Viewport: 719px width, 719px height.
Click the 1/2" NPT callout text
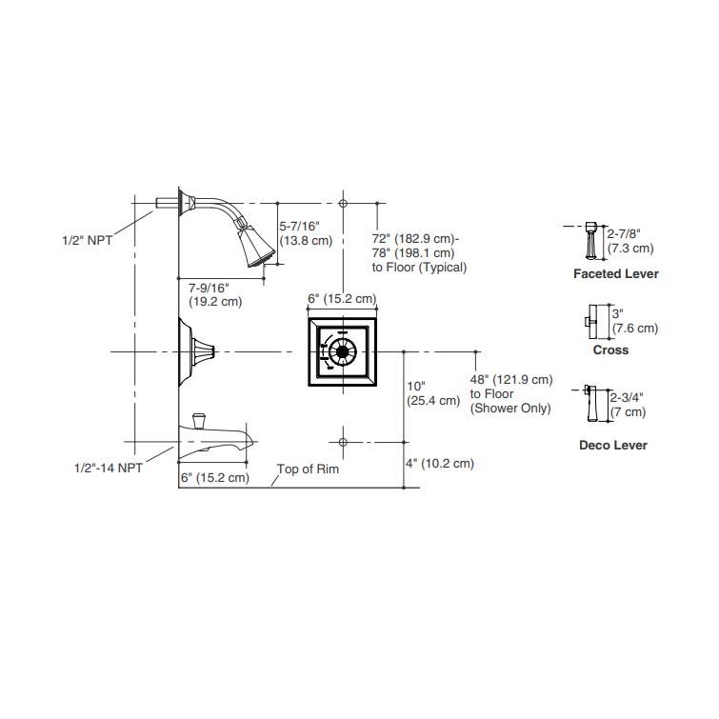click(87, 240)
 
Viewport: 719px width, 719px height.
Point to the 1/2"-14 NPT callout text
click(109, 469)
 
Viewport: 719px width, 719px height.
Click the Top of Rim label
click(308, 469)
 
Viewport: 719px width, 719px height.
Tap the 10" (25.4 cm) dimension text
click(433, 393)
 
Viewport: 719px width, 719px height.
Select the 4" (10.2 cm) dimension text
click(440, 464)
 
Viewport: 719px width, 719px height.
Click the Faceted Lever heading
click(616, 273)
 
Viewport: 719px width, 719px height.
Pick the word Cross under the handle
click(610, 350)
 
